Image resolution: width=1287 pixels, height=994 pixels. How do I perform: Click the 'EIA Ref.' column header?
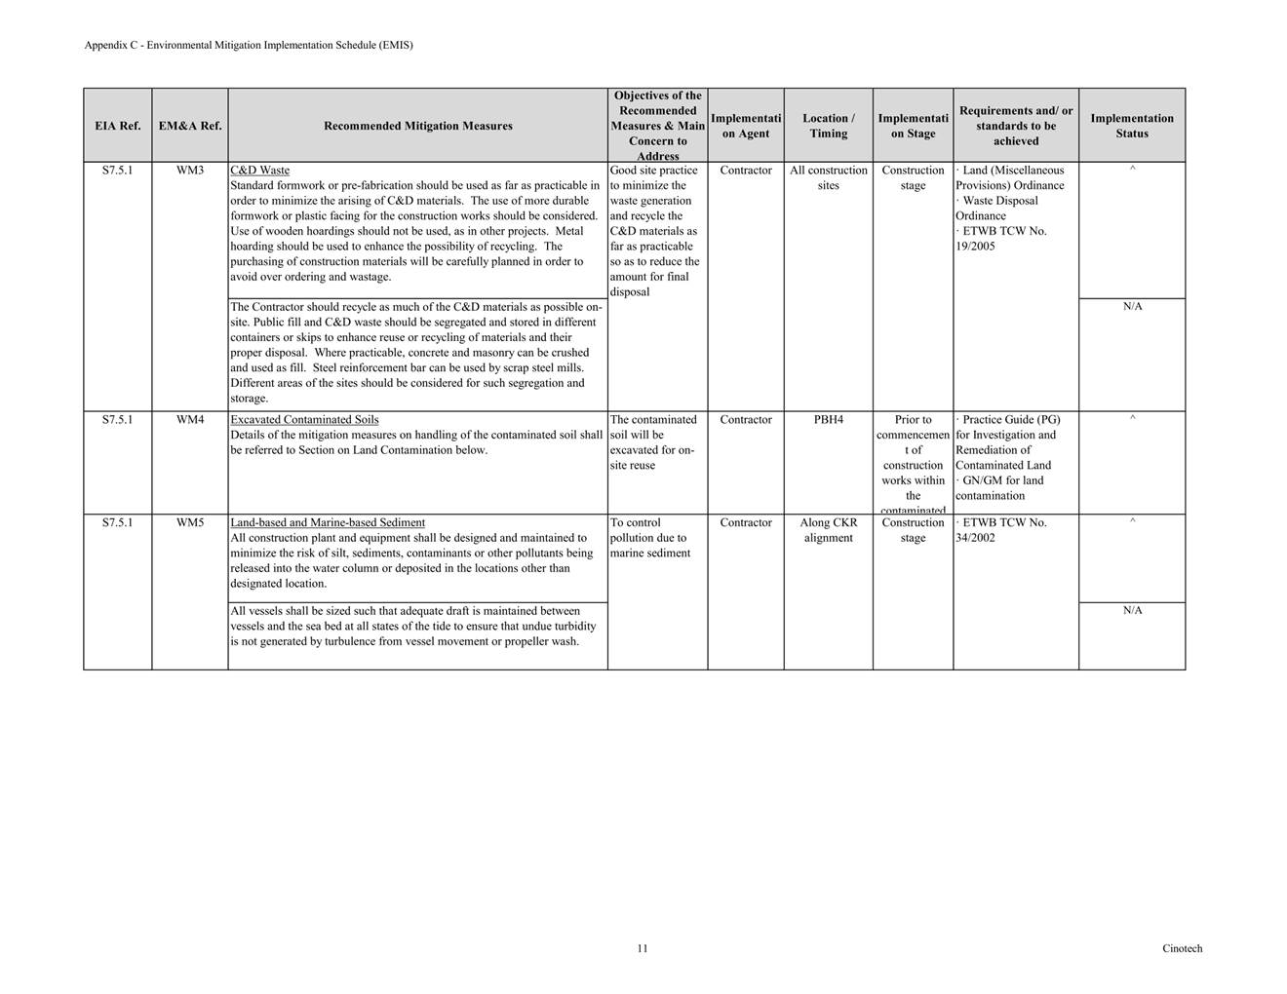click(117, 126)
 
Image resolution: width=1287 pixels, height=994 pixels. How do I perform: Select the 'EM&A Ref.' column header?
click(190, 126)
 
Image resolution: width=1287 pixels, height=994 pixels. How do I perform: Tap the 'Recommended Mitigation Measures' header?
click(417, 126)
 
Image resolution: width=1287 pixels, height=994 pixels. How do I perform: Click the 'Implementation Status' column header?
click(1132, 126)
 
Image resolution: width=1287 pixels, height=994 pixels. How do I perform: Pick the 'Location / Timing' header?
click(828, 126)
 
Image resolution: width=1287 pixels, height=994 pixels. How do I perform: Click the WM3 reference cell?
click(190, 171)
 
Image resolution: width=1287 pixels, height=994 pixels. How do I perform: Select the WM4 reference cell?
click(190, 420)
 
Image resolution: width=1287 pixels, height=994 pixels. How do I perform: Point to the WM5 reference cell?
click(190, 523)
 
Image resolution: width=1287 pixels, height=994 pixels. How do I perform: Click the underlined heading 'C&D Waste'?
click(259, 171)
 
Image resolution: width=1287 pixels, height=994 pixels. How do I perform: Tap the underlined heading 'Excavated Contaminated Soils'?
click(304, 420)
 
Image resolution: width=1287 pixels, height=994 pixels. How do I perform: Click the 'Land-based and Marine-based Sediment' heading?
click(328, 523)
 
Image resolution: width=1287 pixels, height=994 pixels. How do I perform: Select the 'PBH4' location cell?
click(828, 420)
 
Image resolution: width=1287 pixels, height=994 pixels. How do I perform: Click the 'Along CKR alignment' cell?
click(828, 530)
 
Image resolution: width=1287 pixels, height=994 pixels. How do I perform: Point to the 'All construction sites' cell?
click(828, 177)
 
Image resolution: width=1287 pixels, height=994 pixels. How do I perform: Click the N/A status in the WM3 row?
click(1132, 307)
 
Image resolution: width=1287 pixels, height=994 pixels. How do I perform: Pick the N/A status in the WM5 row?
click(1132, 611)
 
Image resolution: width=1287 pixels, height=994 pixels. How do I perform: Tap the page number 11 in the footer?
click(643, 948)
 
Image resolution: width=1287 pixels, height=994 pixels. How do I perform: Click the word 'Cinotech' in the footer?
click(1182, 948)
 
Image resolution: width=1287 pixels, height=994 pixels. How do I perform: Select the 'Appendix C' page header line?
click(249, 45)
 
